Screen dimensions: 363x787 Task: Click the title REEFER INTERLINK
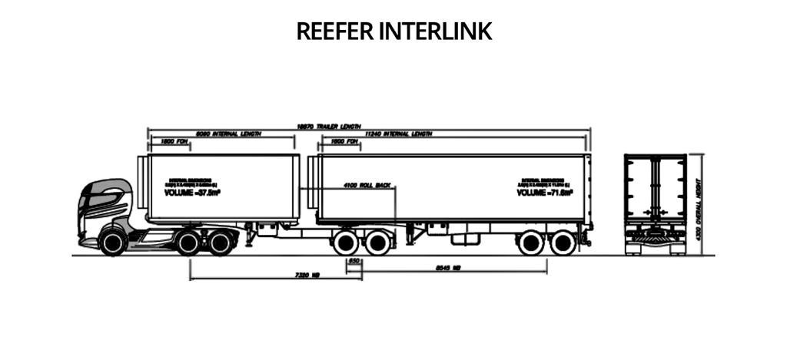pyautogui.click(x=393, y=31)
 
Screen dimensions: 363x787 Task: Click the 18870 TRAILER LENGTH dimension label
pyautogui.click(x=328, y=127)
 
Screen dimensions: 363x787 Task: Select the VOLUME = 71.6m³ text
pyautogui.click(x=545, y=193)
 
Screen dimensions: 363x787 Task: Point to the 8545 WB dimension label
pyautogui.click(x=447, y=268)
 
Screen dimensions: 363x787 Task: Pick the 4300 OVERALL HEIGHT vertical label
pyautogui.click(x=699, y=209)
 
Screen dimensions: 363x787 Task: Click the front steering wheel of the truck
pyautogui.click(x=113, y=243)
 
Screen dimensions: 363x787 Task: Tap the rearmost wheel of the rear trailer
pyautogui.click(x=563, y=243)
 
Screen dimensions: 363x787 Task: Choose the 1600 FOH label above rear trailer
pyautogui.click(x=345, y=142)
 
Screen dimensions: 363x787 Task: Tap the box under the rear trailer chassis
pyautogui.click(x=464, y=238)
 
